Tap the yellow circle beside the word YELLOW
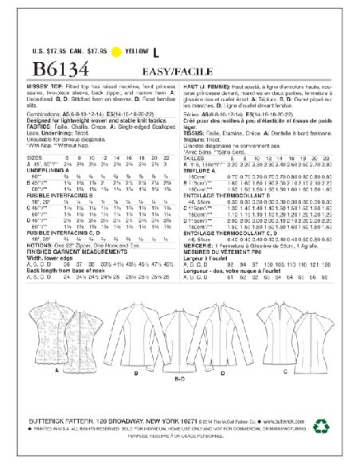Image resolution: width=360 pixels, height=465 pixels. coord(119,54)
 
